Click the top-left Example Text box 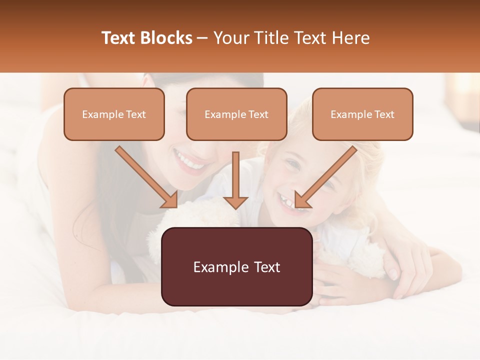pyautogui.click(x=114, y=114)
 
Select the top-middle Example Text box pyautogui.click(x=236, y=114)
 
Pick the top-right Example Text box pyautogui.click(x=362, y=114)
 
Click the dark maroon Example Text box pyautogui.click(x=236, y=266)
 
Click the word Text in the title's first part pyautogui.click(x=118, y=38)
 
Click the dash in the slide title pyautogui.click(x=202, y=38)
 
